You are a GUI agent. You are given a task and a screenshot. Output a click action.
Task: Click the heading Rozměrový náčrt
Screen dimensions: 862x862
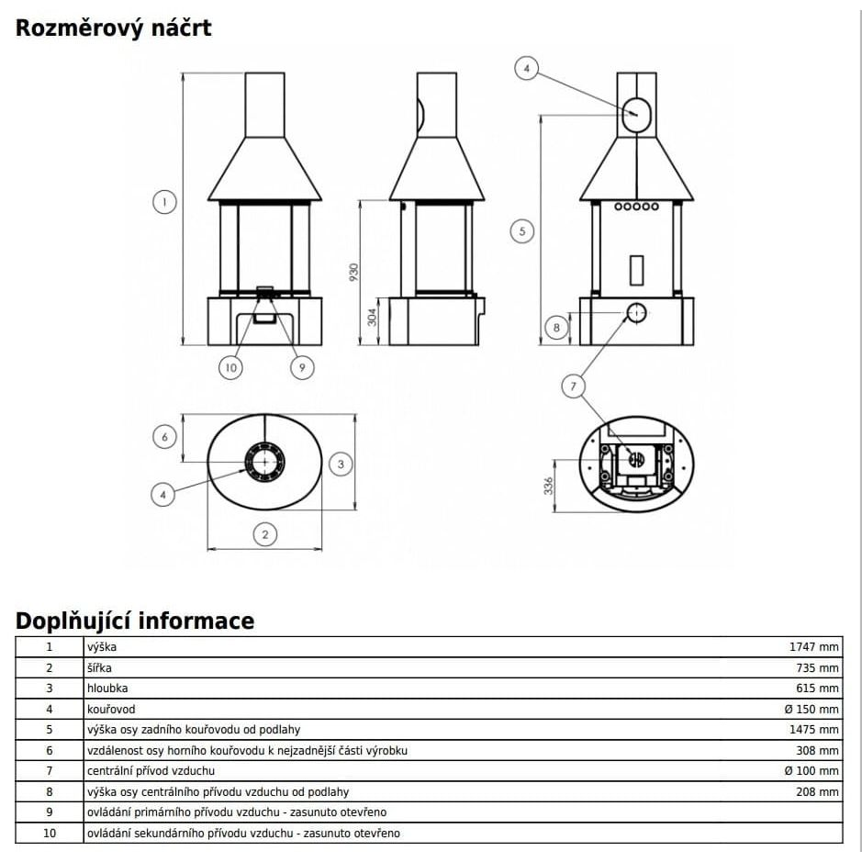pos(113,28)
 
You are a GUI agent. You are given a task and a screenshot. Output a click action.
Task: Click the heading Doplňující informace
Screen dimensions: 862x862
pos(135,621)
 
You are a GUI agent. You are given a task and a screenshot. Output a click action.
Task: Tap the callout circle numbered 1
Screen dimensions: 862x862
pos(164,202)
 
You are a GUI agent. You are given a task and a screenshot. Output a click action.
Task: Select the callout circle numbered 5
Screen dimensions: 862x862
pos(522,231)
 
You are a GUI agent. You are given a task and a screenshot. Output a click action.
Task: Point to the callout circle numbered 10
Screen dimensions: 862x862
pos(231,367)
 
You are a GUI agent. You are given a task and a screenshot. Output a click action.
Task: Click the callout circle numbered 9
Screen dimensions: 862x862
pos(302,367)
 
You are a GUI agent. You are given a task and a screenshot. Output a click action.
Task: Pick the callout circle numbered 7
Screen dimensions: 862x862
pos(574,386)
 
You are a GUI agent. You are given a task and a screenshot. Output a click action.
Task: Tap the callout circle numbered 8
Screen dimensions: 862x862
pos(556,329)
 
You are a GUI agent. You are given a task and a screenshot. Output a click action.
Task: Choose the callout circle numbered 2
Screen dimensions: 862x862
pos(265,534)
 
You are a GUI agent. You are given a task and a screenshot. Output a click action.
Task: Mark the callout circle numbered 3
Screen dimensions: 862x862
pos(341,464)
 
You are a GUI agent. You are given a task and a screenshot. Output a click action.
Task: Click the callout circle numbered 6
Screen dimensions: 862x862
pos(164,437)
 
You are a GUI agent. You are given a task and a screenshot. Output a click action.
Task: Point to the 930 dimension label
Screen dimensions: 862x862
pos(353,272)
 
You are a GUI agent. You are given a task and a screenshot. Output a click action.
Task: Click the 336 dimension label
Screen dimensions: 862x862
pos(548,486)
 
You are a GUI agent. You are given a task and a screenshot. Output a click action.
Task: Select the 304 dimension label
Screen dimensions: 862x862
pos(372,318)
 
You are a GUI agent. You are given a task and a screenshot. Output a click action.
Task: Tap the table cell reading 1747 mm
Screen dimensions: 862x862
pos(813,647)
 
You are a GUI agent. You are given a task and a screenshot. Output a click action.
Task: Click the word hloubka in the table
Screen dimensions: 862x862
pos(107,688)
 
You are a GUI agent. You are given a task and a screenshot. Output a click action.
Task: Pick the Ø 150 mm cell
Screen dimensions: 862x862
pos(812,710)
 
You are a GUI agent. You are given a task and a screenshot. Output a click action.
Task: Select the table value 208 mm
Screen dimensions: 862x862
pos(817,791)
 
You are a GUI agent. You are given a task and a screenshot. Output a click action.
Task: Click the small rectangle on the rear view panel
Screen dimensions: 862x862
pos(636,270)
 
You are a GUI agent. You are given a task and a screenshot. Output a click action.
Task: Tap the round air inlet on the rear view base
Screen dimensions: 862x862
pos(636,313)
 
